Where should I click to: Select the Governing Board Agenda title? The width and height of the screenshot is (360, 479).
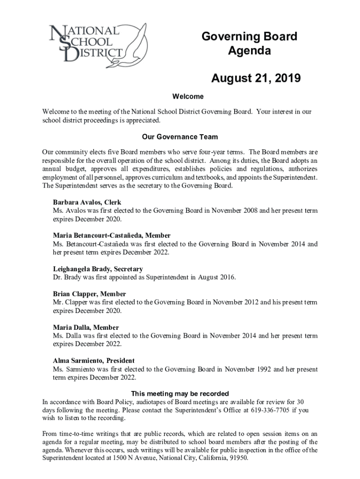click(249, 44)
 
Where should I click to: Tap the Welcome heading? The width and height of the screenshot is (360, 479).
click(188, 97)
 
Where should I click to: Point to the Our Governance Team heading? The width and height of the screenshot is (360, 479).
click(180, 138)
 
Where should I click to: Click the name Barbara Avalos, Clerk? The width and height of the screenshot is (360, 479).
click(87, 203)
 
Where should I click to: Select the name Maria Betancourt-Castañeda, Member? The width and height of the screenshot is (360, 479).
click(112, 236)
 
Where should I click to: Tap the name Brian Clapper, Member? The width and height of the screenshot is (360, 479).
click(89, 294)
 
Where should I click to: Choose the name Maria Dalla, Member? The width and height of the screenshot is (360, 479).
click(86, 327)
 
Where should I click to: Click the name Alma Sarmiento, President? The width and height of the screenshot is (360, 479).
click(94, 361)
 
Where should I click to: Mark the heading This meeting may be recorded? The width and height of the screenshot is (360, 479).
click(180, 393)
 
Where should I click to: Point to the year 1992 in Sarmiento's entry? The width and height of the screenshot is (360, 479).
click(263, 370)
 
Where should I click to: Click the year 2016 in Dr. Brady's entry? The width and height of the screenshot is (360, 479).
click(227, 277)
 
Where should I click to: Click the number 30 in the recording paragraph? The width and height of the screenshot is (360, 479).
click(301, 402)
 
